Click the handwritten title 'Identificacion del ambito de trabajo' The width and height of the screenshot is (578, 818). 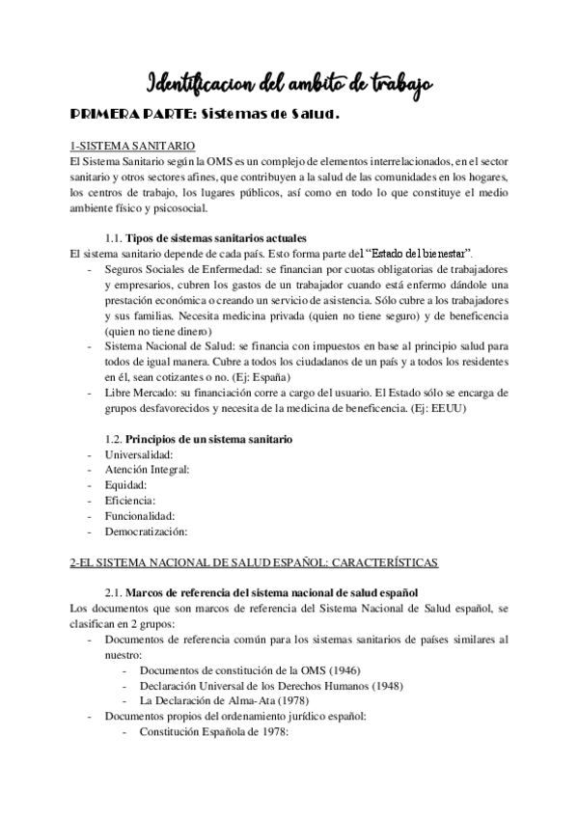[x=289, y=82]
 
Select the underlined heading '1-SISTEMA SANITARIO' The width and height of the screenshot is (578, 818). [x=118, y=145]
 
